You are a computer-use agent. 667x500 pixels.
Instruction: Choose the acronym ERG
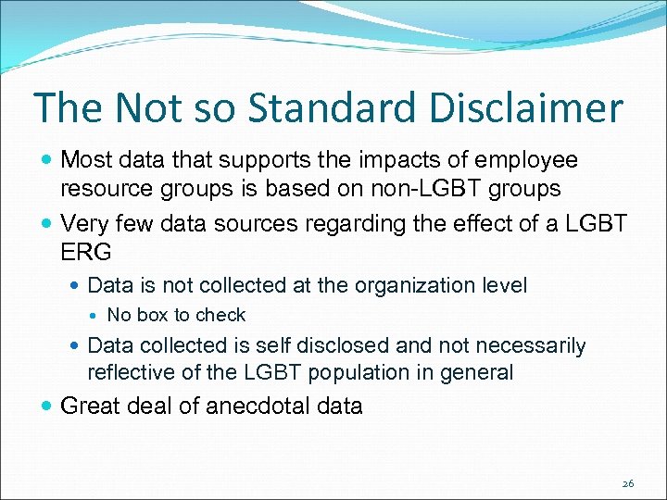[85, 253]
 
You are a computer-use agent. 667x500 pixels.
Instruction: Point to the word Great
[89, 406]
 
